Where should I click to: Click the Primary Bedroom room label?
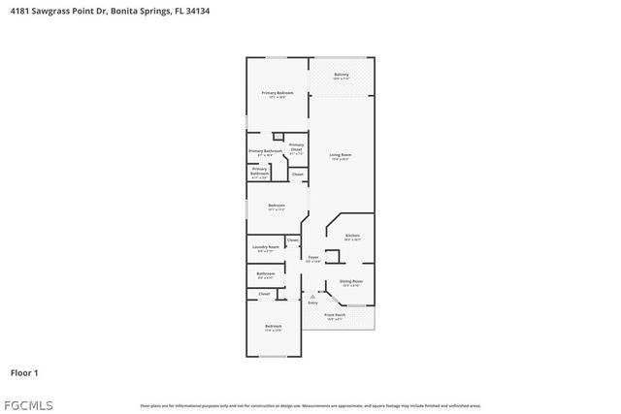pos(278,93)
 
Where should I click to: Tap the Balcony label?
pos(342,75)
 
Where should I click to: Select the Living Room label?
pos(340,155)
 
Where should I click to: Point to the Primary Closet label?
pos(296,146)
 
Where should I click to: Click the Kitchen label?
pos(352,236)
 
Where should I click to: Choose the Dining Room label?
pos(351,281)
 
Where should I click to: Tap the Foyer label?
pos(313,257)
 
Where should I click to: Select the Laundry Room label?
pos(267,247)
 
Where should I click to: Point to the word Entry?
pos(312,303)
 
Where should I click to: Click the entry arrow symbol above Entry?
pos(312,296)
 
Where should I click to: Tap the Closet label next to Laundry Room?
pos(292,239)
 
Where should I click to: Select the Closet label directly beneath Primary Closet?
pos(297,174)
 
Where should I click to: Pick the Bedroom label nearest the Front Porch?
pos(274,326)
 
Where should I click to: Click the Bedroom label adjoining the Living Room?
pos(277,206)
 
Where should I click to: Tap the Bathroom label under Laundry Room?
pos(266,273)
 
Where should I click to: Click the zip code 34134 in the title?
pos(197,12)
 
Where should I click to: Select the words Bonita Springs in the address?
pos(134,12)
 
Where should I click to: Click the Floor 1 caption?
pos(24,372)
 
